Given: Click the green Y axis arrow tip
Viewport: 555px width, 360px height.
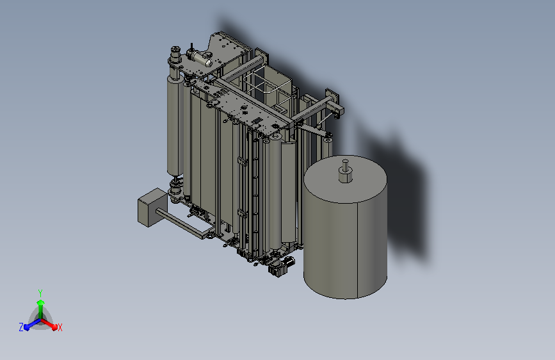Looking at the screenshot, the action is pos(40,302).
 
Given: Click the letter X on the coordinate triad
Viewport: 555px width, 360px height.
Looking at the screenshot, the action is pos(60,327).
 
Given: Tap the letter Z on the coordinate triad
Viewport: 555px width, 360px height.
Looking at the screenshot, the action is pos(21,327).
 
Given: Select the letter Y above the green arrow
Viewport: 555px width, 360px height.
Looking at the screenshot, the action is pos(40,293).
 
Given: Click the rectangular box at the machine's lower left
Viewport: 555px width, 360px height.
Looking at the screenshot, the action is pos(152,208).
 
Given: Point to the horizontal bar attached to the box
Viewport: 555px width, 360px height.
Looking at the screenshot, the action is pos(184,223).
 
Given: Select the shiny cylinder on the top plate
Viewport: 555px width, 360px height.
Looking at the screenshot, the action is pos(201,58).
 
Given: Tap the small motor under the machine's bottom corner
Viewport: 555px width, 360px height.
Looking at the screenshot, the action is pos(282,266).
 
